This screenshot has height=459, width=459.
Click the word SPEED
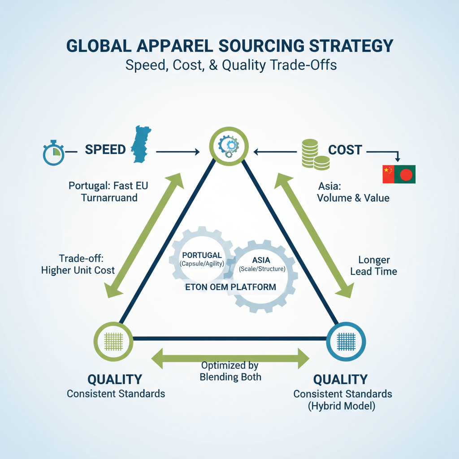(105, 150)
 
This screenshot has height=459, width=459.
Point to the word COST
(345, 150)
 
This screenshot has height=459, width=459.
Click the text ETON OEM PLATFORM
(231, 287)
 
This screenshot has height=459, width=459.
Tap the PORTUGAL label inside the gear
(202, 255)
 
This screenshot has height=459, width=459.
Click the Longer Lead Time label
(374, 265)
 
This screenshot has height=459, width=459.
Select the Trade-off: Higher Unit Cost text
(78, 264)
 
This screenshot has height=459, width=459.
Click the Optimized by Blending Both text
(230, 371)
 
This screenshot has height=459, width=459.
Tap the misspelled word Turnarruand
(109, 197)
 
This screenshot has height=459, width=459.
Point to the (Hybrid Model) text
(343, 407)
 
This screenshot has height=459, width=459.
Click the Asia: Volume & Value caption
(353, 191)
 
